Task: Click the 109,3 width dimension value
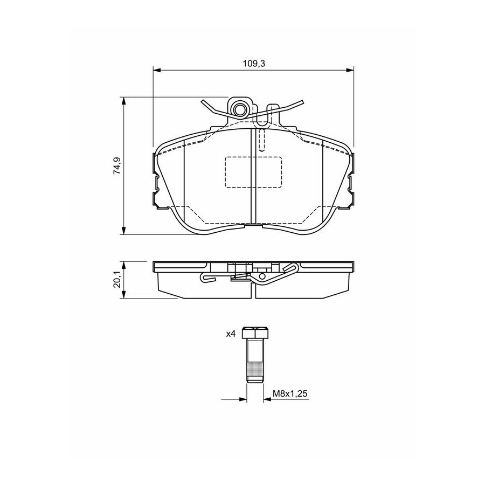(x=254, y=64)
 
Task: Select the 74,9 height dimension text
(x=117, y=166)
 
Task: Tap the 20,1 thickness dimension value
(x=117, y=280)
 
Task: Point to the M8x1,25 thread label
(x=290, y=393)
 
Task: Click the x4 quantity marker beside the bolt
(x=231, y=334)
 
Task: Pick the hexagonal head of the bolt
(x=255, y=332)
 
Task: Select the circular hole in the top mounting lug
(x=240, y=109)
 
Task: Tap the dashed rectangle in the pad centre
(x=253, y=172)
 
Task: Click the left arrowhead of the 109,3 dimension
(x=157, y=71)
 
